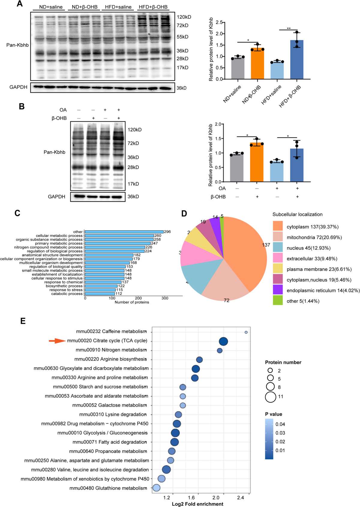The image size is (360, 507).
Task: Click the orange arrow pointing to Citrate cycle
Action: [57, 341]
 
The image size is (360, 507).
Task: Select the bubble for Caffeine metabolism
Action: [246, 332]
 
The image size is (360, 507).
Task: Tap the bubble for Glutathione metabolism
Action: [156, 488]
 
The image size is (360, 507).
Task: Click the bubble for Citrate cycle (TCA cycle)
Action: [223, 341]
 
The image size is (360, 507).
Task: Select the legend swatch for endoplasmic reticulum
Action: [277, 290]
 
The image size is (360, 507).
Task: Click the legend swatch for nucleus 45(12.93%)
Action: [277, 248]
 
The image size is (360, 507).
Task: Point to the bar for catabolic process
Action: [100, 294]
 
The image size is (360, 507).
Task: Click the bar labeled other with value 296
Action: [124, 232]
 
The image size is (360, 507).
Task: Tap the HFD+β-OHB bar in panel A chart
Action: [297, 60]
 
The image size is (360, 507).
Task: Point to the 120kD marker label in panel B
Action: [134, 130]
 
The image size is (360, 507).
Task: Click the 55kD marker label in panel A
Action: [182, 37]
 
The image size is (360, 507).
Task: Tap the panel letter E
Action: [23, 321]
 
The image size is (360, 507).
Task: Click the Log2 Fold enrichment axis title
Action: [197, 504]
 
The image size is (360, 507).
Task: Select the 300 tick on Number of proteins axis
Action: [165, 298]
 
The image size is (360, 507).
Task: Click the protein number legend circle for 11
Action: [270, 397]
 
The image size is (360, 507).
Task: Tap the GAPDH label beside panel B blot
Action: [56, 197]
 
